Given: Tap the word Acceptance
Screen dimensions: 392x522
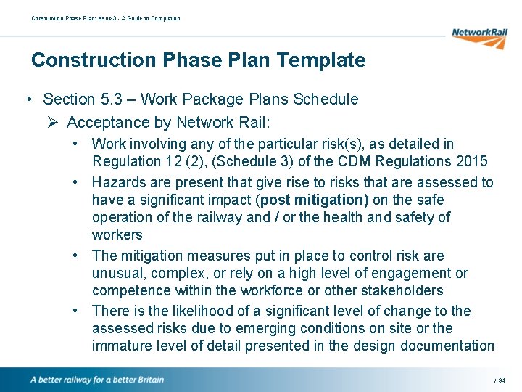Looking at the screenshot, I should click(x=107, y=123).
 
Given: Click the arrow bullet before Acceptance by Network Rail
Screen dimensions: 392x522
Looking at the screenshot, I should click(x=51, y=123).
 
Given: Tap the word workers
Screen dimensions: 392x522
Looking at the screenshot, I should click(x=117, y=234).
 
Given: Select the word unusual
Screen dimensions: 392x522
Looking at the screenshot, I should click(x=118, y=273).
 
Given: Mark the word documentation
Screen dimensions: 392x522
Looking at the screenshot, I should click(x=445, y=346).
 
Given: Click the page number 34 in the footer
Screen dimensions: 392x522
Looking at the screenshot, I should click(x=502, y=380).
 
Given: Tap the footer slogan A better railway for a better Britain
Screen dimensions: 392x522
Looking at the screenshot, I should click(x=96, y=380).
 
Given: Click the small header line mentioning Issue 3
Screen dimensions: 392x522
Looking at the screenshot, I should click(x=105, y=18).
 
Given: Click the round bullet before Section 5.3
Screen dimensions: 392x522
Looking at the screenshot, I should click(x=27, y=99).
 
